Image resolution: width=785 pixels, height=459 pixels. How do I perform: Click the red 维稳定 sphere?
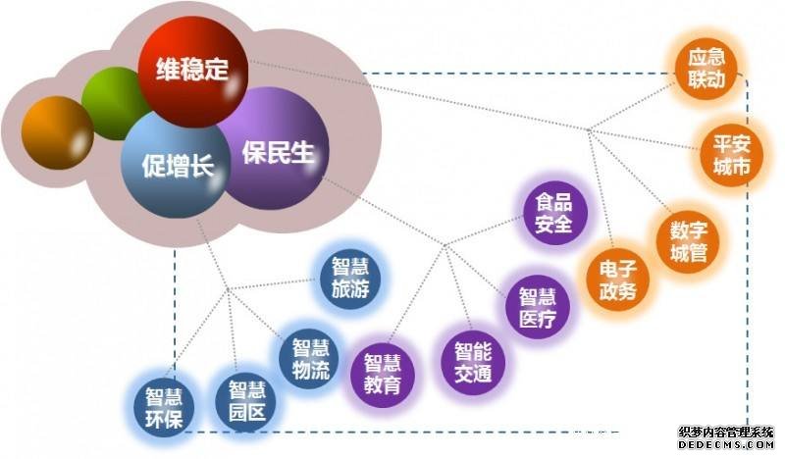tap(192, 70)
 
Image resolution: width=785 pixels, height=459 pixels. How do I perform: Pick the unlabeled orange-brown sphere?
tap(58, 132)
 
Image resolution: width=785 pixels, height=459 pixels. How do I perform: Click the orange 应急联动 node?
tap(706, 68)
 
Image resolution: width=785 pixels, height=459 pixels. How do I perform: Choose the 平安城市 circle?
tap(731, 155)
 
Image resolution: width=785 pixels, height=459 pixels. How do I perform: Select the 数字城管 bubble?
tap(688, 242)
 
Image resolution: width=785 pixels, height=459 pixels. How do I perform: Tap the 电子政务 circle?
tap(618, 280)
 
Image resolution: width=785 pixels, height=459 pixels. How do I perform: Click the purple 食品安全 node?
tap(554, 213)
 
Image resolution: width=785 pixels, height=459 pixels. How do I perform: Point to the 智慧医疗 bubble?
tap(538, 307)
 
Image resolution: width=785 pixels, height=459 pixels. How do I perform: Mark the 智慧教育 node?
tap(383, 375)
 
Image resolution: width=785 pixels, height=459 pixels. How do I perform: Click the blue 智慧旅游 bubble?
tap(350, 279)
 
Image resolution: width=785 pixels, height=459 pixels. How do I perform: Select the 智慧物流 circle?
tap(310, 358)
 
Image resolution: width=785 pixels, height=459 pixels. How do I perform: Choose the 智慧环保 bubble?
tap(164, 406)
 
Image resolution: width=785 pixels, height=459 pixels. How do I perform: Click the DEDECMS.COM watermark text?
tap(726, 444)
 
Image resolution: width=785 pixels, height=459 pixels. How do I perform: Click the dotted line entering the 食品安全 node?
tap(484, 230)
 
